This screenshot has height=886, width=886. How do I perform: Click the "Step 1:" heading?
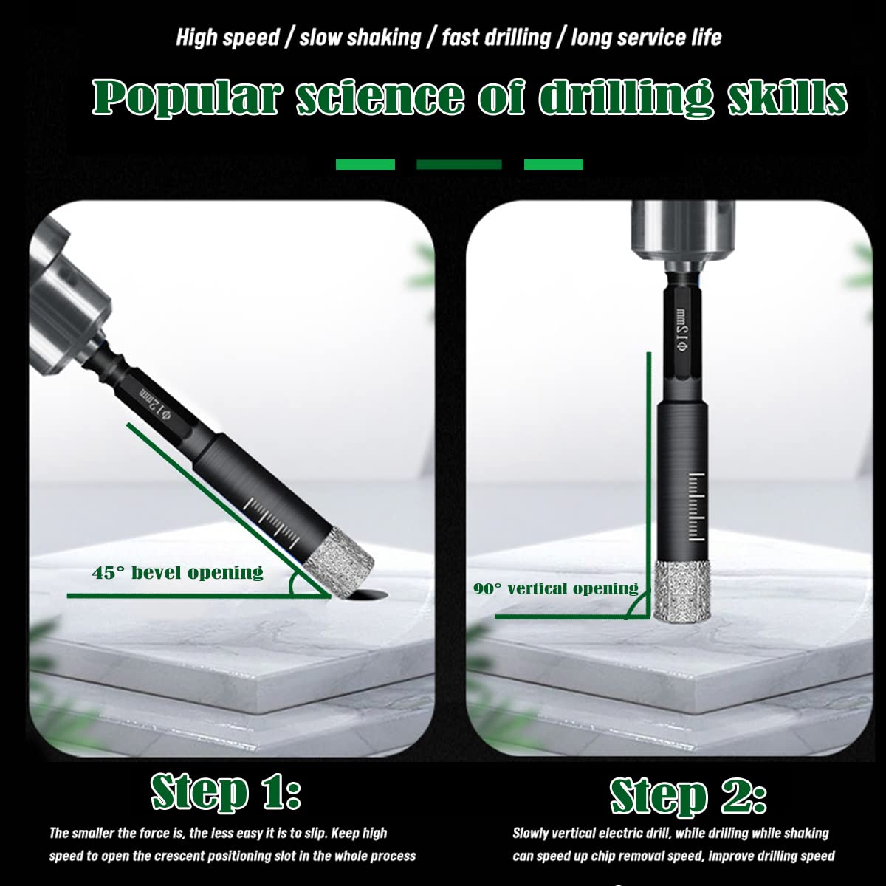226,793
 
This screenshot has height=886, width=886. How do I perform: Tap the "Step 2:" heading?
688,797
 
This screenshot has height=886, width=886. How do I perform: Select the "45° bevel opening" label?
177,573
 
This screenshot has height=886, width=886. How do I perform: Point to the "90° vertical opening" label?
556,588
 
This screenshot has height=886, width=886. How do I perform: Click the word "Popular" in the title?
186,97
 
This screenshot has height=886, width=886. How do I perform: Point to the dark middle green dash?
459,164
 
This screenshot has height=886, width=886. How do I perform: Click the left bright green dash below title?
365,164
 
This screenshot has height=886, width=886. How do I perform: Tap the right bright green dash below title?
554,164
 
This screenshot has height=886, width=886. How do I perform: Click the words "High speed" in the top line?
228,38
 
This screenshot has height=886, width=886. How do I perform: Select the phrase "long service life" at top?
646,38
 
